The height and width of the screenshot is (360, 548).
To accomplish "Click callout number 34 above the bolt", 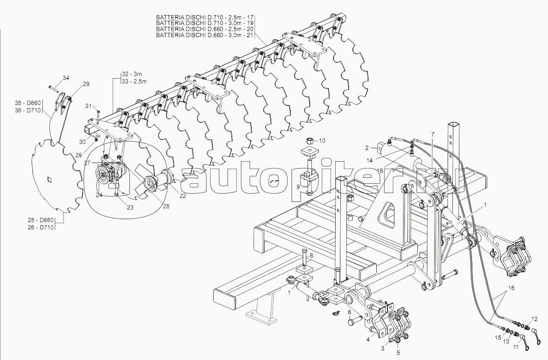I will (66, 78).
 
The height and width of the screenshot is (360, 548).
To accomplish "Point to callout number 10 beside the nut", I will (322, 140).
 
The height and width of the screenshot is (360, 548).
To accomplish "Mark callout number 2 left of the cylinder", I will (367, 148).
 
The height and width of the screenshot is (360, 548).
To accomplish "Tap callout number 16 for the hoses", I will (511, 287).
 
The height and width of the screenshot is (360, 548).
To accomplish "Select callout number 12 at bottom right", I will (535, 319).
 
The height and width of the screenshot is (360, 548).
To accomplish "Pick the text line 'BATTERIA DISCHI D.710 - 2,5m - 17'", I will (205, 17).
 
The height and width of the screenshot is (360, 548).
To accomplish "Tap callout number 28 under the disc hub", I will (167, 206).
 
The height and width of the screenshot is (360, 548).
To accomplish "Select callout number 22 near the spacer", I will (183, 196).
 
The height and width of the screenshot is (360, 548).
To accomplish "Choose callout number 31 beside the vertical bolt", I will (88, 106).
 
